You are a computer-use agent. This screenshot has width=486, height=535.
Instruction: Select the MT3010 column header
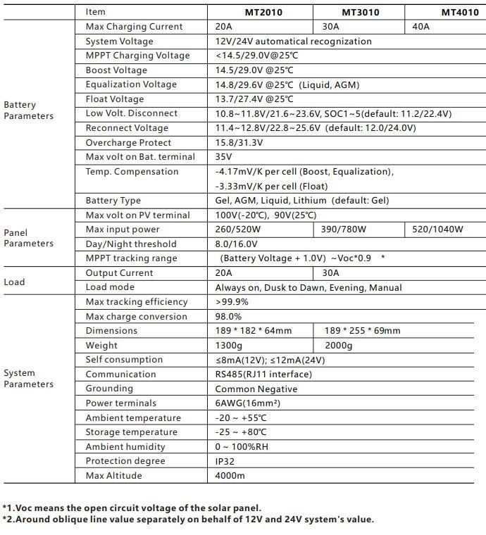pyautogui.click(x=360, y=12)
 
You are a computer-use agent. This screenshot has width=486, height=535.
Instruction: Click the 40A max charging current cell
pyautogui.click(x=420, y=27)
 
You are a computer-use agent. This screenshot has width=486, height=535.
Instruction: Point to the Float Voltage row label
pyautogui.click(x=114, y=99)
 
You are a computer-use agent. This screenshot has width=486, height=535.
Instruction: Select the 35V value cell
pyautogui.click(x=223, y=157)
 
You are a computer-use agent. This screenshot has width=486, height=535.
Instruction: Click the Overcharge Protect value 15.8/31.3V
pyautogui.click(x=239, y=143)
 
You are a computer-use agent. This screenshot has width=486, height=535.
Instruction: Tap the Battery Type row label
pyautogui.click(x=113, y=201)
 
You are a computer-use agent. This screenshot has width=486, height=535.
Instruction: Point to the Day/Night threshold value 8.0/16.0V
pyautogui.click(x=236, y=244)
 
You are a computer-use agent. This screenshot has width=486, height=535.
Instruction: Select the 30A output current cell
pyautogui.click(x=331, y=273)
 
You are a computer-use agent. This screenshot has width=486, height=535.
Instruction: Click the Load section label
pyautogui.click(x=14, y=282)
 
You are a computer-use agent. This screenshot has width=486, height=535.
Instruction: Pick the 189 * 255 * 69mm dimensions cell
pyautogui.click(x=362, y=331)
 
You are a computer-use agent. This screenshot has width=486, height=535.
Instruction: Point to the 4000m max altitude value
pyautogui.click(x=230, y=476)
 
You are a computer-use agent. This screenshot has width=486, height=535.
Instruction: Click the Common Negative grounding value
pyautogui.click(x=256, y=389)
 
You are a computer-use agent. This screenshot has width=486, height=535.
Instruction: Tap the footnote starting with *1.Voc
pyautogui.click(x=132, y=508)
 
